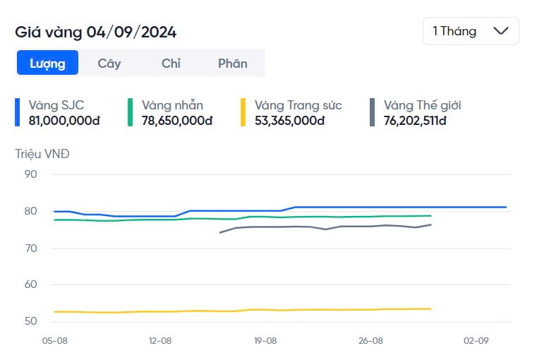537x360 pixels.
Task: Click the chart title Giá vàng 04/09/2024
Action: pos(96,32)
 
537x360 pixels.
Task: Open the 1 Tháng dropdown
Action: pos(471,31)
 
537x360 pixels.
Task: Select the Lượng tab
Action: pos(47,63)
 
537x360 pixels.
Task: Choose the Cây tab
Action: pos(109,63)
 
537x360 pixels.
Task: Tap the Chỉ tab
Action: pos(171,63)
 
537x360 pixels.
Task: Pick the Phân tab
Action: pos(232,63)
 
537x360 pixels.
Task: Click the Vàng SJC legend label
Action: pos(56,105)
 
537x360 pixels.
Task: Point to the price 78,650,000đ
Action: pos(177,121)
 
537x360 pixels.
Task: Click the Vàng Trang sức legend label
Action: pos(298,105)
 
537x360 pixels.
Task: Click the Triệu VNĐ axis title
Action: pos(42,153)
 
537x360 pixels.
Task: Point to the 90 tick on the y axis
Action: pos(30,175)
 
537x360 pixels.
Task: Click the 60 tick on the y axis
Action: pos(30,285)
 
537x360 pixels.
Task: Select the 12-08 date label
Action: pos(160,340)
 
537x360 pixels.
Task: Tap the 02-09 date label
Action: pos(476,340)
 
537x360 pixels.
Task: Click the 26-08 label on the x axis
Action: pos(370,340)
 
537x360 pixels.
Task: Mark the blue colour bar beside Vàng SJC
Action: pos(18,112)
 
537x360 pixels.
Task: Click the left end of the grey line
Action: pos(220,232)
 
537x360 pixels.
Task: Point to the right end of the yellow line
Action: pos(430,308)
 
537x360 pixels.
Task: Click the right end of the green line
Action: pos(430,216)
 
